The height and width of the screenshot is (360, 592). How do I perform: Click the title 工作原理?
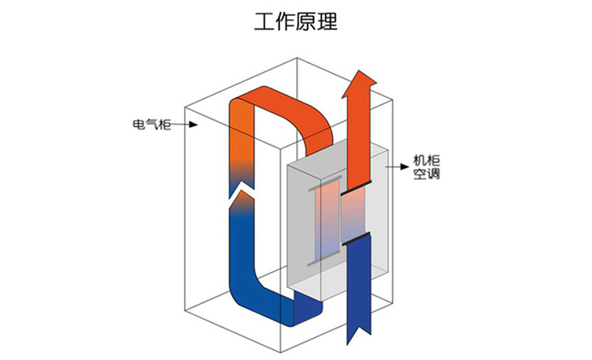(x=295, y=22)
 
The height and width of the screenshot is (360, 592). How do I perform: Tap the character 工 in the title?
(x=264, y=22)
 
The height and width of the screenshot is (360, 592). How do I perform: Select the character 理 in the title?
(x=328, y=22)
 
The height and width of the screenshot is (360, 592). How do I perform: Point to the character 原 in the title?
(x=306, y=22)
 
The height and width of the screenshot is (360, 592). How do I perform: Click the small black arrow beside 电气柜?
(x=187, y=125)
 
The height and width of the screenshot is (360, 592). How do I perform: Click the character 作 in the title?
(x=285, y=22)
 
